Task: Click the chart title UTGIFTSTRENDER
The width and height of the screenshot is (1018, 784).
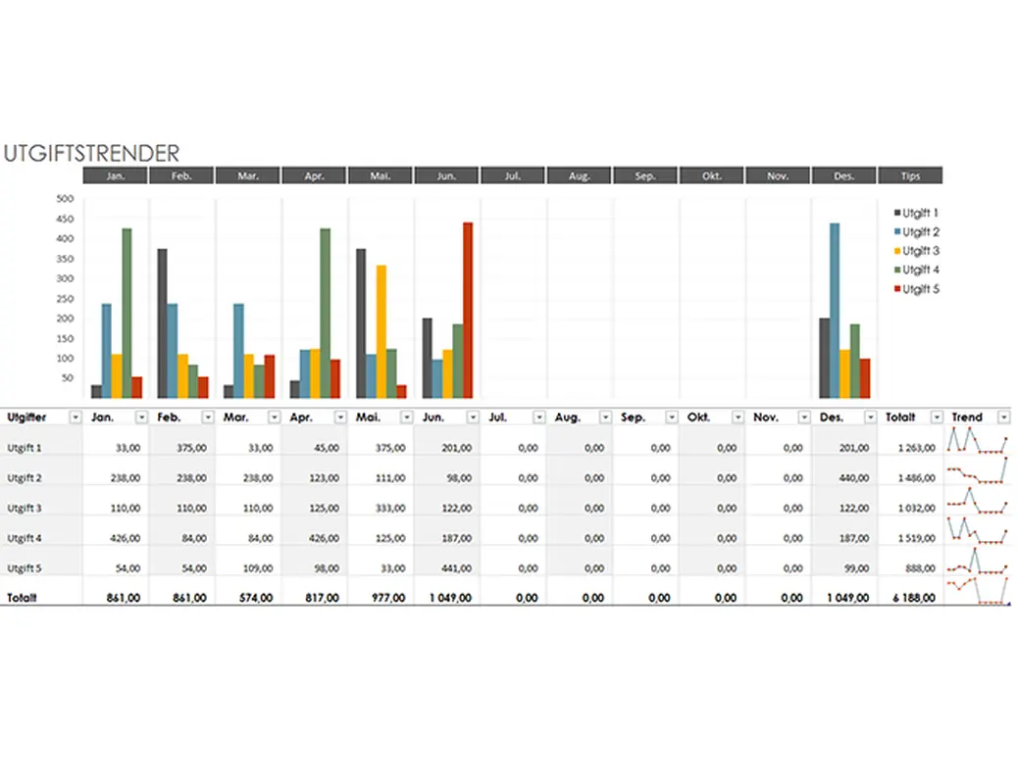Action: click(x=91, y=154)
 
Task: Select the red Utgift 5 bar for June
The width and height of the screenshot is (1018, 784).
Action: click(x=468, y=310)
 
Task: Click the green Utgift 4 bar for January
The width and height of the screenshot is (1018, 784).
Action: click(x=127, y=313)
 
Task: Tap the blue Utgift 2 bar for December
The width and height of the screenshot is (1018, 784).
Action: click(x=835, y=310)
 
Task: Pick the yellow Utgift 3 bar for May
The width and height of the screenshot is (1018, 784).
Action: click(x=381, y=331)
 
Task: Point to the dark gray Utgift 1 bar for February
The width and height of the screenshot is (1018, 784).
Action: click(x=162, y=323)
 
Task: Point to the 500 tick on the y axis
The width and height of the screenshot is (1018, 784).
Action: click(x=66, y=198)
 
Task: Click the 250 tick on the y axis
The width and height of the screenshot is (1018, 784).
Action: click(x=66, y=298)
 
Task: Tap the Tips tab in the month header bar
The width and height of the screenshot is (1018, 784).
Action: click(x=910, y=176)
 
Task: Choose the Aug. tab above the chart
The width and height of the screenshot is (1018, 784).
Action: click(x=579, y=176)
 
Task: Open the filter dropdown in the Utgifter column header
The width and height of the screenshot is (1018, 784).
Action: click(x=76, y=417)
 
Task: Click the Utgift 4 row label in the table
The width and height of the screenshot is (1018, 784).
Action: click(x=25, y=538)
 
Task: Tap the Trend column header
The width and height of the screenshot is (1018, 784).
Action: click(x=967, y=417)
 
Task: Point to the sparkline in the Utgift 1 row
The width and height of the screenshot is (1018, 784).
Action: click(x=977, y=442)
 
